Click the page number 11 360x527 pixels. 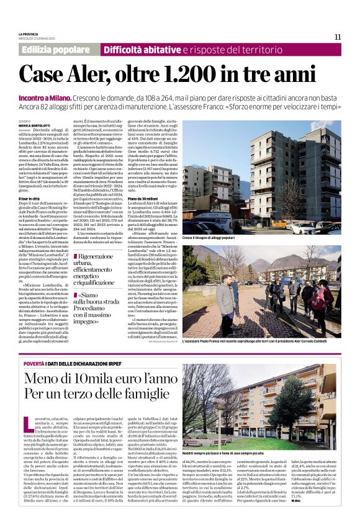pyautogui.click(x=338, y=37)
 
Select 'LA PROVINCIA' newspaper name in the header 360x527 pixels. pyautogui.click(x=29, y=34)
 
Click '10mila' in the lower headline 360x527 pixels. pyautogui.click(x=92, y=379)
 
